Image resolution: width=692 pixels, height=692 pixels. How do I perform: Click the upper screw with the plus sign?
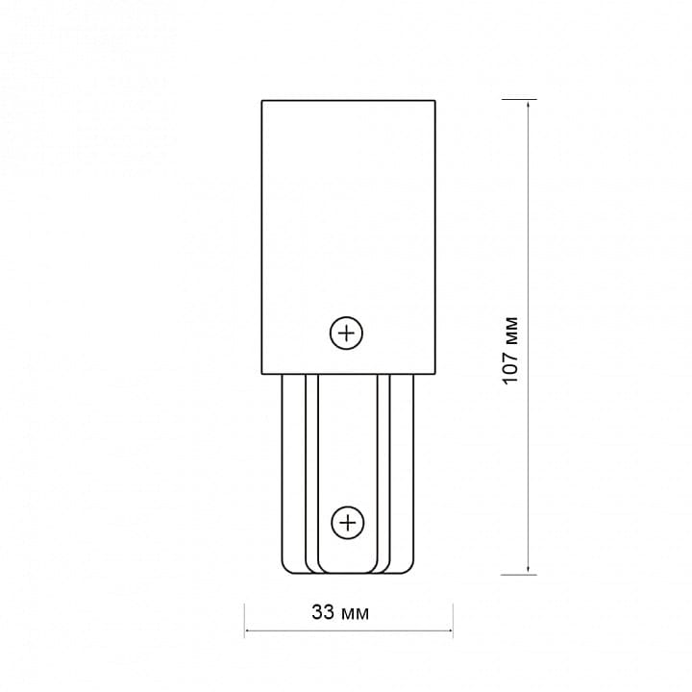[x=346, y=333]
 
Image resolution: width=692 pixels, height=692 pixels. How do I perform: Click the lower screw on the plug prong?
[x=348, y=523]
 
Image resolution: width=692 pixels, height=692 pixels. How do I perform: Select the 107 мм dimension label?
[x=510, y=351]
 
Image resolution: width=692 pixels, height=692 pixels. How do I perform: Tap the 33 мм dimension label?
[x=340, y=612]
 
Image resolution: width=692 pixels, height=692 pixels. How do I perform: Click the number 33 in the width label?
[x=323, y=612]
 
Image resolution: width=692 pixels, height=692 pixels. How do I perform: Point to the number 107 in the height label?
[x=510, y=367]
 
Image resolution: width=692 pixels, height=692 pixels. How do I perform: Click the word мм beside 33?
[x=355, y=614]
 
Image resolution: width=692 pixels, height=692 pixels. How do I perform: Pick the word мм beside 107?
[x=511, y=330]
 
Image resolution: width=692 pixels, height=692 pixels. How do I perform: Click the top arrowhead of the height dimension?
[x=529, y=105]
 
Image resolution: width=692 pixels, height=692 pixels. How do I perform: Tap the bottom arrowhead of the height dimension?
[x=529, y=569]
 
